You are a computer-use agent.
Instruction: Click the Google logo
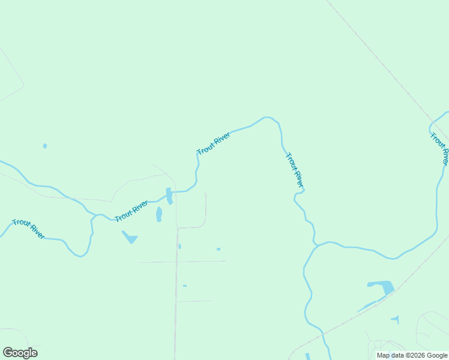20,353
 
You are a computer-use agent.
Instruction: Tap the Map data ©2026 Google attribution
411,355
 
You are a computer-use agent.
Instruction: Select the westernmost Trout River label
28,229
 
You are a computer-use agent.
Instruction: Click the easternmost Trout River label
439,148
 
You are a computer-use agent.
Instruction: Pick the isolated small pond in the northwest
45,146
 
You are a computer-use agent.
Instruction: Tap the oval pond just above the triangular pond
159,214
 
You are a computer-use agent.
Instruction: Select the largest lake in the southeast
381,288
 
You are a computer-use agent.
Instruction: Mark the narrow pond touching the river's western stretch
169,196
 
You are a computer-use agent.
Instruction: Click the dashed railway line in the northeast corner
384,66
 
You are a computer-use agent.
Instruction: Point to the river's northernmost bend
267,118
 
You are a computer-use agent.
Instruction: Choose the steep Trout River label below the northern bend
295,170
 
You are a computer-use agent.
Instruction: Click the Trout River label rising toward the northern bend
214,143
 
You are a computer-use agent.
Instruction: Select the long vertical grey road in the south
176,300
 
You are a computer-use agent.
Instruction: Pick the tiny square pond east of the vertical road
218,249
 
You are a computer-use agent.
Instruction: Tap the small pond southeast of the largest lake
395,319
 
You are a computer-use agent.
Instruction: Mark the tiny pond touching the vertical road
179,246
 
